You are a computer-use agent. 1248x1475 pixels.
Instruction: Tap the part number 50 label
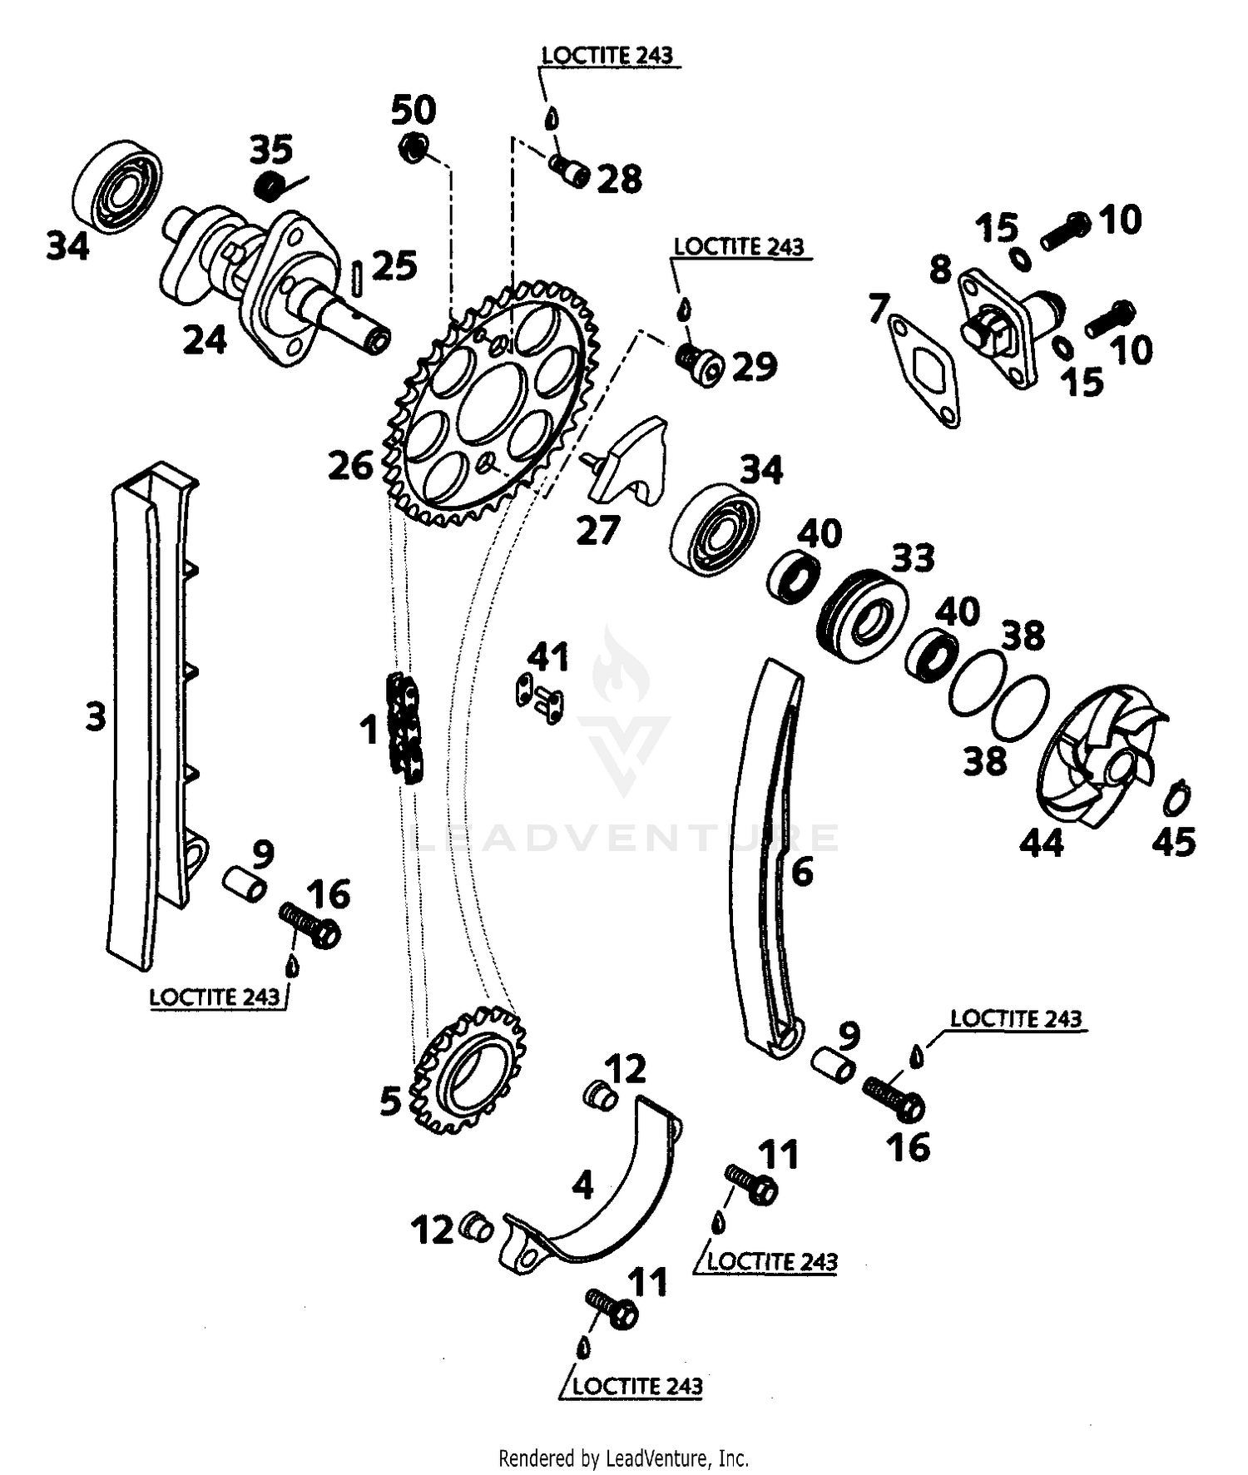point(414,111)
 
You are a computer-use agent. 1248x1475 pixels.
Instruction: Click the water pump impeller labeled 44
point(1098,757)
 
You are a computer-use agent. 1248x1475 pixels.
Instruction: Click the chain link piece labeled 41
point(540,698)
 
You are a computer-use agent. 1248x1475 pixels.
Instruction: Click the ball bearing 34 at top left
point(116,187)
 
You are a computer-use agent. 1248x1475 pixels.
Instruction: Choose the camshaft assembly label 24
point(205,340)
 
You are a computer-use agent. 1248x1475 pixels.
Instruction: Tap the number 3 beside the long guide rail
point(97,715)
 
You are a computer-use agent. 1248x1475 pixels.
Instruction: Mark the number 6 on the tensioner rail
point(802,872)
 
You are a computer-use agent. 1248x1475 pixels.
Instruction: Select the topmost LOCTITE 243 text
point(607,56)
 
